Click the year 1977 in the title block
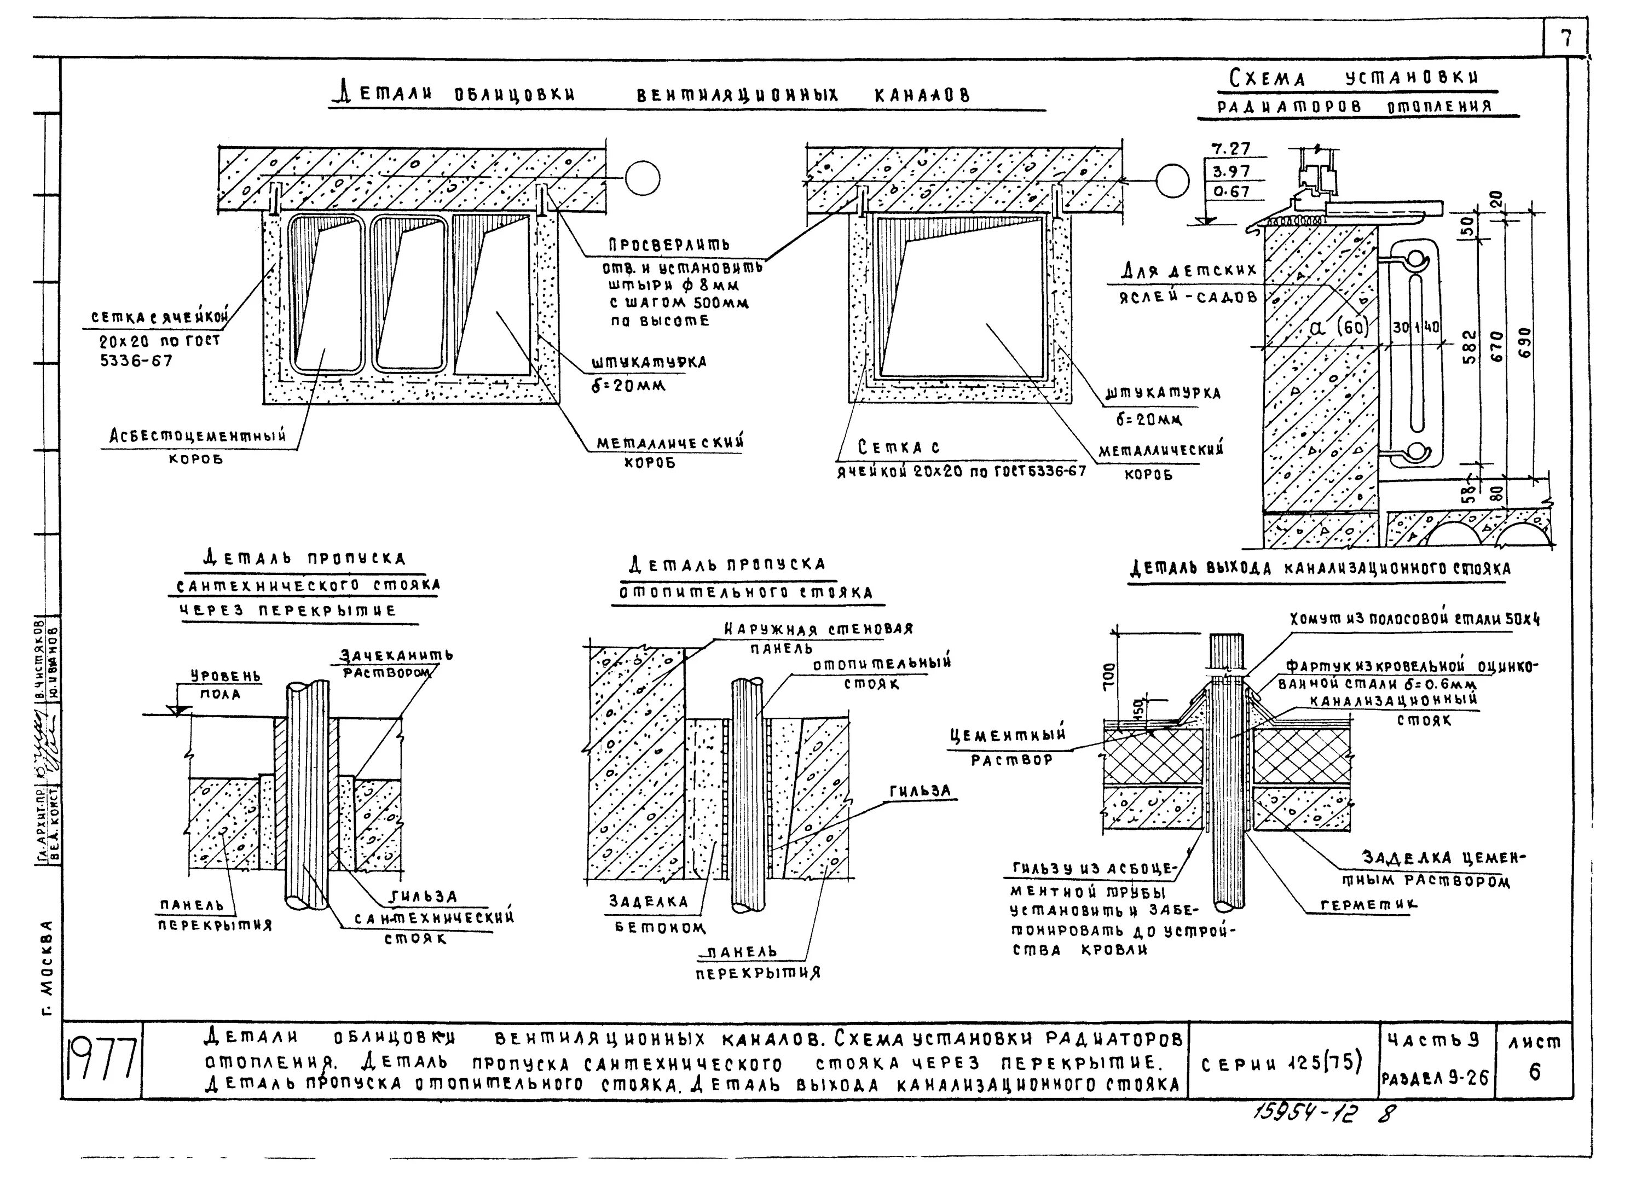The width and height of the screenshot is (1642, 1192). pos(102,1062)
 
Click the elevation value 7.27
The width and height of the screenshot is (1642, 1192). pos(1231,149)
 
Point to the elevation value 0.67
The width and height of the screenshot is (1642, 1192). pos(1231,192)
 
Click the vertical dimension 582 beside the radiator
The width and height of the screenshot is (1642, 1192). pos(1470,347)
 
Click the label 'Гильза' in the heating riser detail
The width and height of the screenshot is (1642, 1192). pos(920,793)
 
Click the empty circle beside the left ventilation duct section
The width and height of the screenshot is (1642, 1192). pos(643,177)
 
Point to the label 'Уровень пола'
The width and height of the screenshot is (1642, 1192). pos(216,684)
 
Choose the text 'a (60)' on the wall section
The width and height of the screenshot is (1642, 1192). pos(1339,327)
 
